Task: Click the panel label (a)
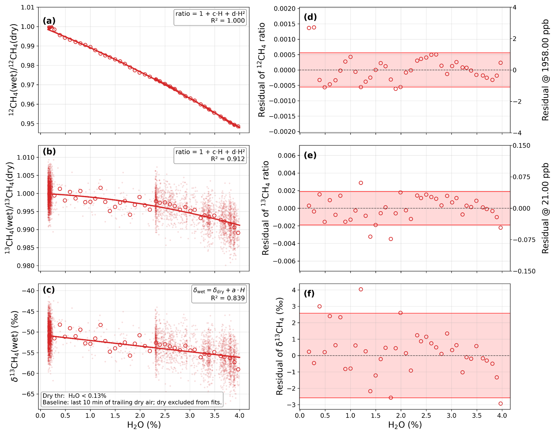(x=49, y=21)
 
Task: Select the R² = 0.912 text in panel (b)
(x=228, y=159)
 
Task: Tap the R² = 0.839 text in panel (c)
(x=228, y=298)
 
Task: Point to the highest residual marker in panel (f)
(x=361, y=289)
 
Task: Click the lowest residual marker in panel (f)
(x=500, y=403)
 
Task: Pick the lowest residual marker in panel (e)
(x=391, y=239)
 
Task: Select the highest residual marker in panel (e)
(x=361, y=183)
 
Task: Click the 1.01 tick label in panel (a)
(x=28, y=7)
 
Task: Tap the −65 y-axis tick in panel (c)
(x=28, y=394)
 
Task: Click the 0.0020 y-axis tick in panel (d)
(x=285, y=9)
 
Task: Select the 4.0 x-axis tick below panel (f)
(x=502, y=416)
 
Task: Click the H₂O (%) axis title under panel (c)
(x=144, y=425)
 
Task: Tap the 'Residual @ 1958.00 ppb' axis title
(x=545, y=70)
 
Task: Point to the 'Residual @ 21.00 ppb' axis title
(x=545, y=208)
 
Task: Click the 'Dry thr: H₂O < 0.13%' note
(x=74, y=396)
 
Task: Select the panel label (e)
(x=310, y=155)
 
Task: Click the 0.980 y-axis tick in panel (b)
(x=26, y=266)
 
